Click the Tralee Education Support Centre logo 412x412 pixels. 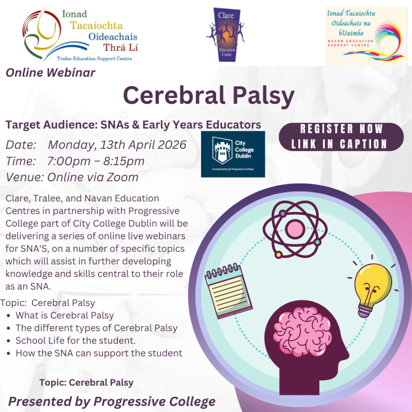pyautogui.click(x=80, y=35)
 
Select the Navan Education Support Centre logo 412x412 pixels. pyautogui.click(x=366, y=36)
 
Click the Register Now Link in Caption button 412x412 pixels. pyautogui.click(x=341, y=137)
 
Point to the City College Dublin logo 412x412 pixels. pyautogui.click(x=233, y=154)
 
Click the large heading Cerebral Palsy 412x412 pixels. pyautogui.click(x=208, y=96)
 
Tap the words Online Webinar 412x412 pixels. pyautogui.click(x=51, y=73)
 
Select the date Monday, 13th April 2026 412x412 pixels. pyautogui.click(x=117, y=145)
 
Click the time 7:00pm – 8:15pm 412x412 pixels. pyautogui.click(x=96, y=161)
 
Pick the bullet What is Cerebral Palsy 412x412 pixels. pyautogui.click(x=65, y=316)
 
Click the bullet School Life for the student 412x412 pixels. pyautogui.click(x=76, y=341)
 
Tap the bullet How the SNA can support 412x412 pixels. pyautogui.click(x=99, y=353)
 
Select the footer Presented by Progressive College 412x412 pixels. pyautogui.click(x=112, y=401)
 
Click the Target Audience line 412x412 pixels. pyautogui.click(x=133, y=124)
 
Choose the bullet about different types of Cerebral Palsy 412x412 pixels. pyautogui.click(x=96, y=328)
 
